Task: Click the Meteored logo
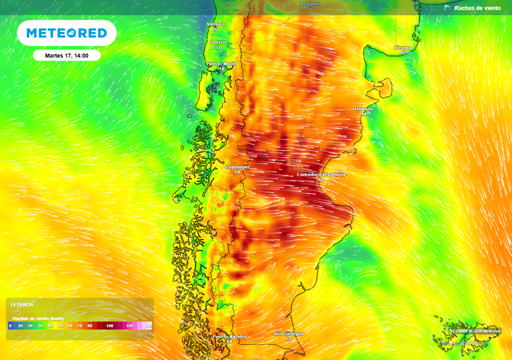click(x=66, y=33)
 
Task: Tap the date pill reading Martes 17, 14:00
click(x=66, y=55)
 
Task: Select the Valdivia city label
click(x=216, y=24)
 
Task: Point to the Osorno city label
click(x=218, y=42)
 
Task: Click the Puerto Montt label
click(x=221, y=63)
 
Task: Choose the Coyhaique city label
click(x=237, y=166)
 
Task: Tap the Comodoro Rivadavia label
click(x=321, y=174)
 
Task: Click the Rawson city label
click(x=363, y=108)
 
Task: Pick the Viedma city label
click(x=402, y=47)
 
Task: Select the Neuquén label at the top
click(x=309, y=3)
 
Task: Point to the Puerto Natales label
click(x=229, y=336)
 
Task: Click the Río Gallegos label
click(x=289, y=333)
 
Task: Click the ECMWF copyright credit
click(x=476, y=331)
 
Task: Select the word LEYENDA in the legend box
click(x=22, y=304)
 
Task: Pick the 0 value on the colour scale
click(x=10, y=326)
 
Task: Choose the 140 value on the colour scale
click(x=148, y=326)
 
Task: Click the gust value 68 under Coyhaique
click(x=237, y=172)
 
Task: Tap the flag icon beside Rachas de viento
click(x=447, y=8)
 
